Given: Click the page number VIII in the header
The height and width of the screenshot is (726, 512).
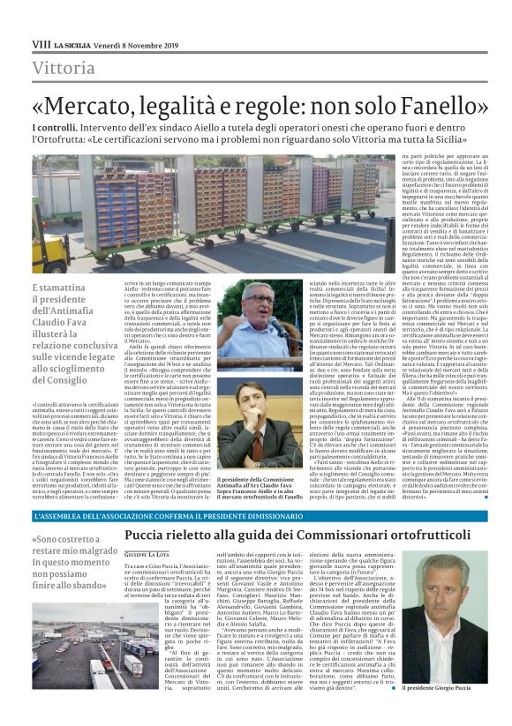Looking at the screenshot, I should pyautogui.click(x=41, y=42).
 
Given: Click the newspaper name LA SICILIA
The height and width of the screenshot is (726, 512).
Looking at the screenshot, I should pyautogui.click(x=70, y=43).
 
